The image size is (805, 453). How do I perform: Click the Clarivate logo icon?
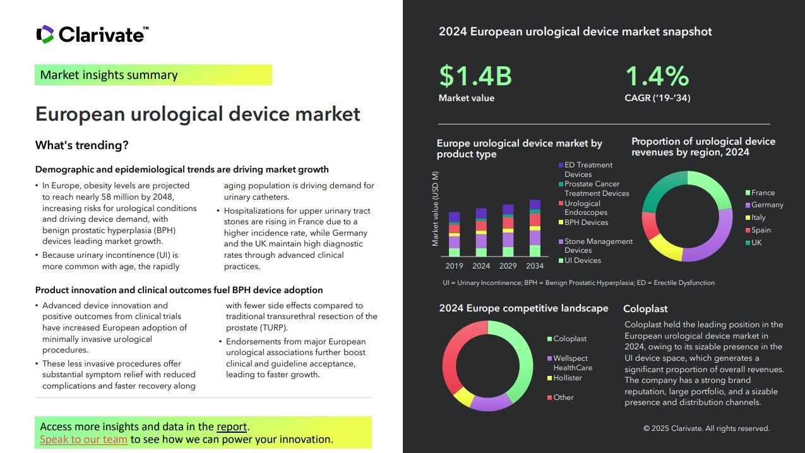(45, 34)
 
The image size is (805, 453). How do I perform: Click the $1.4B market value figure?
(475, 76)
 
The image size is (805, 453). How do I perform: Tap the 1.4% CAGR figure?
(657, 76)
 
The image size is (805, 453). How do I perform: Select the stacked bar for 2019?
(454, 234)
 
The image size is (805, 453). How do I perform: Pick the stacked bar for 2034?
(535, 228)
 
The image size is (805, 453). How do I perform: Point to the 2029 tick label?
(508, 266)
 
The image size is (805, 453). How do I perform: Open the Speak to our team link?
(83, 439)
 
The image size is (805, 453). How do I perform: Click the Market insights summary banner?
(153, 75)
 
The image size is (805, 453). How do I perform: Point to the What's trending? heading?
(82, 145)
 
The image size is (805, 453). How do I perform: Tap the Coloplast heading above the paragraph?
(645, 309)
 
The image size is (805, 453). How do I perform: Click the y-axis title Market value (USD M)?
(435, 208)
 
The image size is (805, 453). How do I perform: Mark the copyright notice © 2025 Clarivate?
(706, 428)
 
